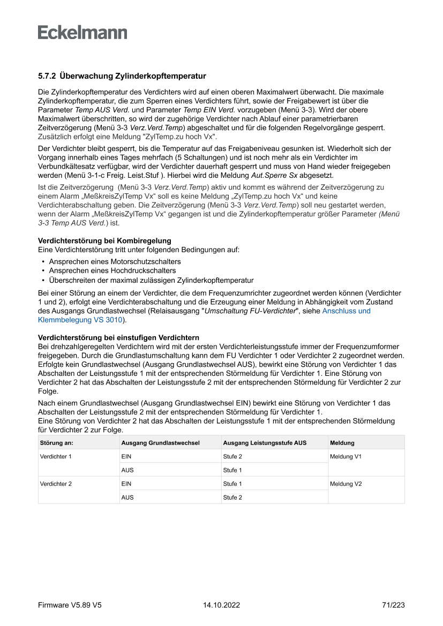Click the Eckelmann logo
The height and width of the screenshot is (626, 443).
(x=82, y=32)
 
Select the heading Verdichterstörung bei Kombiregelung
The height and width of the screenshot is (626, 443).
(x=104, y=241)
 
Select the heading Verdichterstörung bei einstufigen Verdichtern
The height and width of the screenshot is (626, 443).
(x=118, y=337)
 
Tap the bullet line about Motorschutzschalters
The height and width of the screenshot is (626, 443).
(x=115, y=261)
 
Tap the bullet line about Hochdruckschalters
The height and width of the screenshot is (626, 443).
(x=112, y=271)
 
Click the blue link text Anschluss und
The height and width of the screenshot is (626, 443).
(x=346, y=311)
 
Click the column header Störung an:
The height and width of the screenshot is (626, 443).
(x=57, y=443)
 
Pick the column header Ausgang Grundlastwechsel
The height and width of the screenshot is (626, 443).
(x=160, y=443)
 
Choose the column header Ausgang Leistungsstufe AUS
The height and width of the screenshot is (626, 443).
(x=265, y=443)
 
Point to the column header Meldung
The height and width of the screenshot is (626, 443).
(x=342, y=443)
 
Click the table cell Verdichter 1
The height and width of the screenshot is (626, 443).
(x=56, y=457)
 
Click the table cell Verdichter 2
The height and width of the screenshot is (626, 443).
(x=56, y=484)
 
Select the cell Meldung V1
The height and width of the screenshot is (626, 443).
(x=346, y=457)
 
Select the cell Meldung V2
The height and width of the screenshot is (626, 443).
(x=346, y=484)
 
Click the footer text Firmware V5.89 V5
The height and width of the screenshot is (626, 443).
(x=70, y=605)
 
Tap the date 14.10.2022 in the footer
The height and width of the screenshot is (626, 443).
(x=221, y=605)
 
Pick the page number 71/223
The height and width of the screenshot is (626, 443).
(x=393, y=605)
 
